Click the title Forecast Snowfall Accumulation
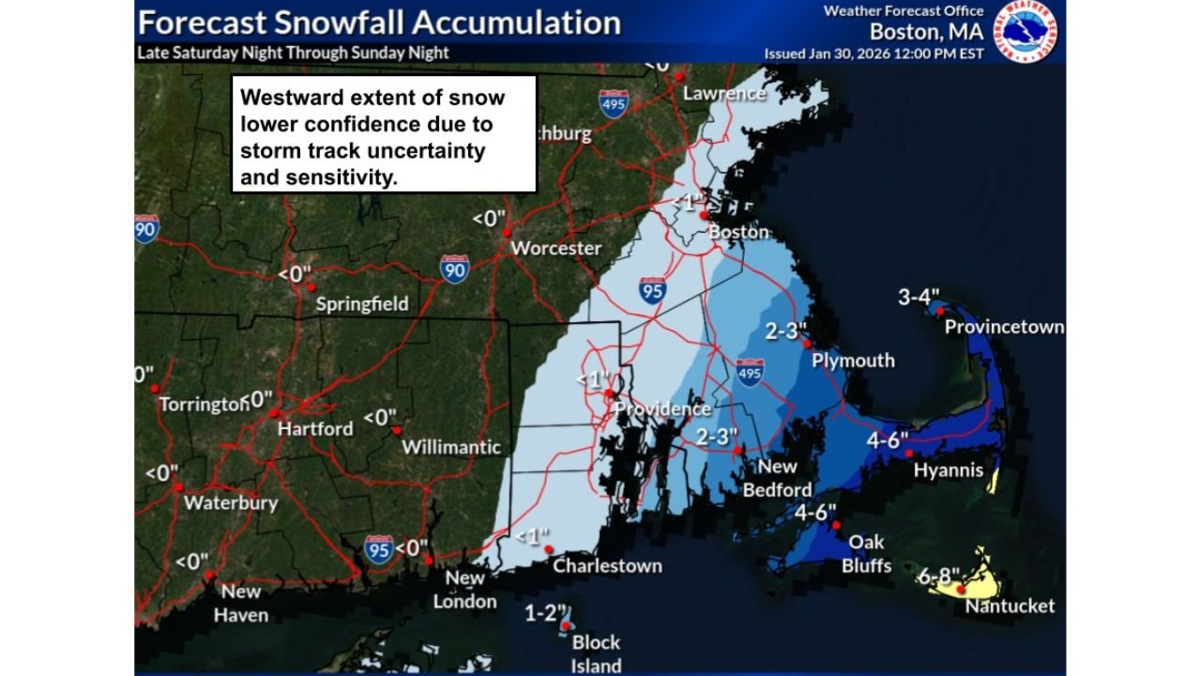379,22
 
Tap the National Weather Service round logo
1025,31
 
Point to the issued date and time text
874,54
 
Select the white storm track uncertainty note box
384,133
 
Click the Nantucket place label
1010,606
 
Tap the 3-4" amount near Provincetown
919,298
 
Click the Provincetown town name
1004,327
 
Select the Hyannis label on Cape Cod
949,469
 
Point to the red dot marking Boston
704,214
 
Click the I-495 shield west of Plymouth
749,373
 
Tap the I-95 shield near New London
378,549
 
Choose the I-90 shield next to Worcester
454,269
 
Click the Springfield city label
362,304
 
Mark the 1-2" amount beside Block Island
541,614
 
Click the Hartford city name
315,428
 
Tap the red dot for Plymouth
807,345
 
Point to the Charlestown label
607,565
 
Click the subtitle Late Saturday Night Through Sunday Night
293,53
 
